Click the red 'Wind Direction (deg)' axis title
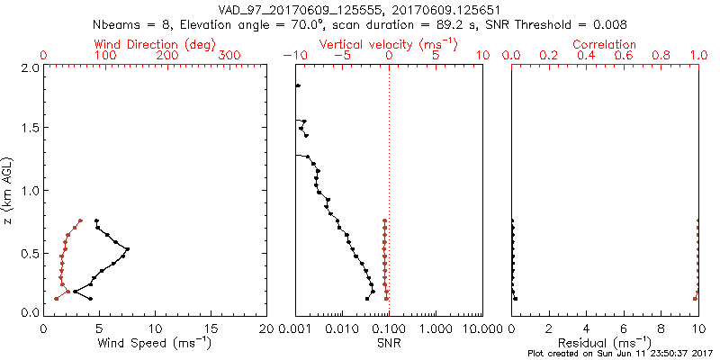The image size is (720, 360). (155, 44)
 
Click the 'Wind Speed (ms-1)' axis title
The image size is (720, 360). (155, 342)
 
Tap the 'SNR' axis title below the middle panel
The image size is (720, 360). (389, 342)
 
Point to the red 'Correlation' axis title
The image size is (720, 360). (605, 44)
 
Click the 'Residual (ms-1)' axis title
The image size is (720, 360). (605, 342)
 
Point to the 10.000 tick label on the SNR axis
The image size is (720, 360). (482, 328)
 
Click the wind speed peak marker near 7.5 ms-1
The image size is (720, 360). (128, 248)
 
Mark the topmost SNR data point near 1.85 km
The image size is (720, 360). (298, 85)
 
